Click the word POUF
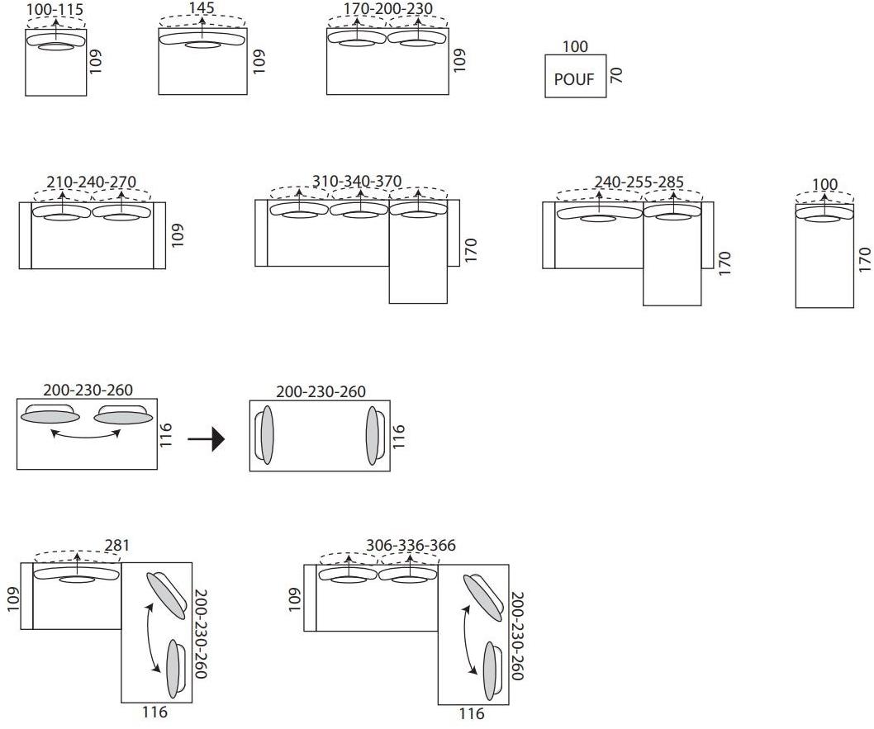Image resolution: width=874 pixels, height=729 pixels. point(574,80)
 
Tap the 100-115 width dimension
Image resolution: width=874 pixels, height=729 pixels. point(55,10)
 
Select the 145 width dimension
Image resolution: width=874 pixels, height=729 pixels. point(202,8)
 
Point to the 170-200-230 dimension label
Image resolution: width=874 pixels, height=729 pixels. point(387,10)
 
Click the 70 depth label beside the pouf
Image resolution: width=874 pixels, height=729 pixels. point(615,76)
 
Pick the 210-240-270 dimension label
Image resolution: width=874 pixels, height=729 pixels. point(92,182)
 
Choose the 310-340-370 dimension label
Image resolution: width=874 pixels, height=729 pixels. point(357,182)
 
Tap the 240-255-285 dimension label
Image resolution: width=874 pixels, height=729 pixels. point(639,182)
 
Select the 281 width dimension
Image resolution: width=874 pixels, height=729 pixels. point(116,546)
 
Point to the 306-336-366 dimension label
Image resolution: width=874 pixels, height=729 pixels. point(411,546)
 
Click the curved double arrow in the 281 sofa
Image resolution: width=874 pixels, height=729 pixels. point(153,635)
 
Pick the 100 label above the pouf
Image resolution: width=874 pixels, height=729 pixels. point(575,47)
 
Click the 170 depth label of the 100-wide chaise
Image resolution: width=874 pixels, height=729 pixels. point(865,259)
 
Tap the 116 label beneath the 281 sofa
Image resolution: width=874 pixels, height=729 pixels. point(154,712)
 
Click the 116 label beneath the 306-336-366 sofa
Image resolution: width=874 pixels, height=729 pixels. point(471,714)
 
